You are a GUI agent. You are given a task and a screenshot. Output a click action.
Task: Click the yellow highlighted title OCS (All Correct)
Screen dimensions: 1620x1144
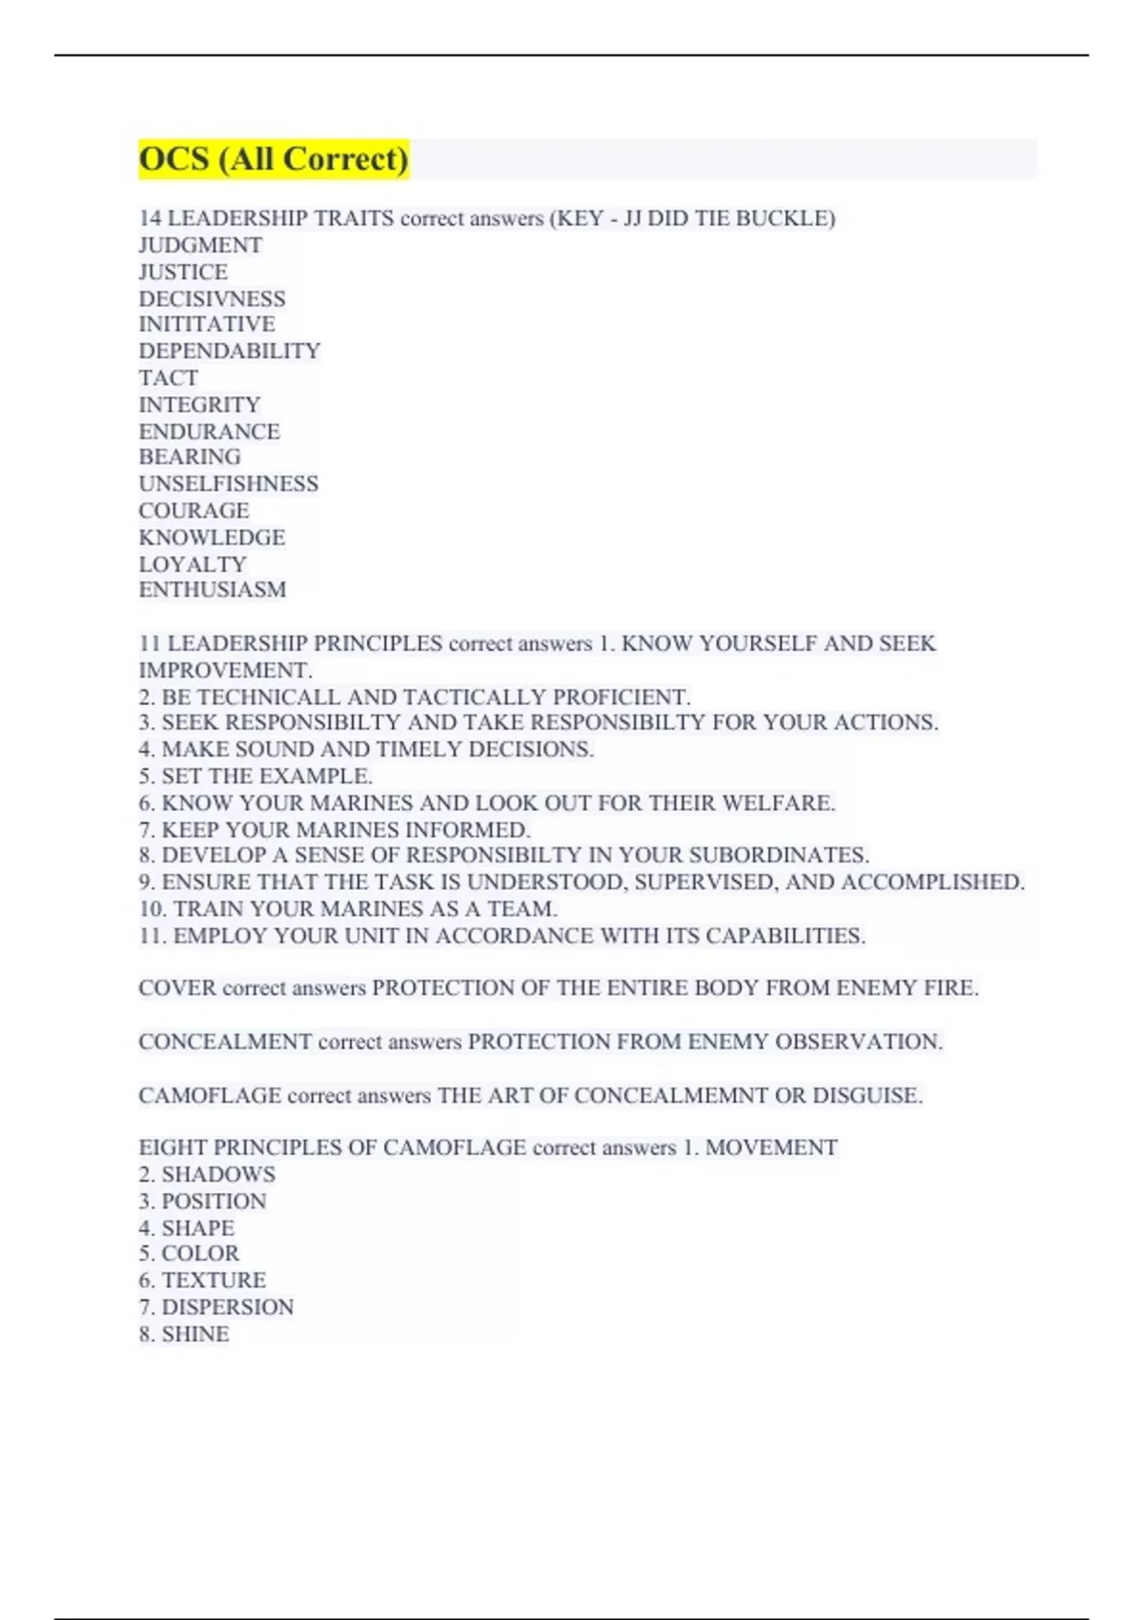[274, 159]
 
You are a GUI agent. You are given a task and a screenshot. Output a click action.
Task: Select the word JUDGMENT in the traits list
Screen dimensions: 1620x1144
[200, 246]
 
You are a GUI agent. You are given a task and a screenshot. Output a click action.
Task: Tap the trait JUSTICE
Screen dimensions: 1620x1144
[183, 273]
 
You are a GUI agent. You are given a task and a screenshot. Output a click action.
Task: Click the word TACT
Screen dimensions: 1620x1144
[169, 378]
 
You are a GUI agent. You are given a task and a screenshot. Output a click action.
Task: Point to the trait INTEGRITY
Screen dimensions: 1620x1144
[199, 405]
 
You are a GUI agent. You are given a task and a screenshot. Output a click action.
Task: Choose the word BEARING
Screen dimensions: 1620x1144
[190, 457]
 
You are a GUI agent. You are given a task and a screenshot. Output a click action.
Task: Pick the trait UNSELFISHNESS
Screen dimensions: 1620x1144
[229, 484]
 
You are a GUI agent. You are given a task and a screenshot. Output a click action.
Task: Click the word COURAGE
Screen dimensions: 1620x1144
[194, 511]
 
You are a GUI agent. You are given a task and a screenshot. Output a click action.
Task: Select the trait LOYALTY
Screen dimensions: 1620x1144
[193, 564]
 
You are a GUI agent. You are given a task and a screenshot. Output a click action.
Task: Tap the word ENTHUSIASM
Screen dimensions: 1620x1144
[213, 590]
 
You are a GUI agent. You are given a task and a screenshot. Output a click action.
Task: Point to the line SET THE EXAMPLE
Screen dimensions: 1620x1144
[255, 777]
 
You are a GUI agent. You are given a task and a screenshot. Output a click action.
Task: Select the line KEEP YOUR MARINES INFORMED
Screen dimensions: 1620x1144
[335, 830]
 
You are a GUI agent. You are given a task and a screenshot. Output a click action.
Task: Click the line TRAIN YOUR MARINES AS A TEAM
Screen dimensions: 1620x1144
[348, 909]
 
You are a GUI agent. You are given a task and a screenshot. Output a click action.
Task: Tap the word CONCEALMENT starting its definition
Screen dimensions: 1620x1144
[225, 1042]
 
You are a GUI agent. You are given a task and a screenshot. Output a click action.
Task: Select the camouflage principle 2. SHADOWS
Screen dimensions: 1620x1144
[207, 1175]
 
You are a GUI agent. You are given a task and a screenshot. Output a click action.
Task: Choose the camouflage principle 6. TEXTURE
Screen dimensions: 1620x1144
[202, 1281]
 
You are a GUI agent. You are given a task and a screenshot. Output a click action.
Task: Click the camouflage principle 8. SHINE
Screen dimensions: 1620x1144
[184, 1334]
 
